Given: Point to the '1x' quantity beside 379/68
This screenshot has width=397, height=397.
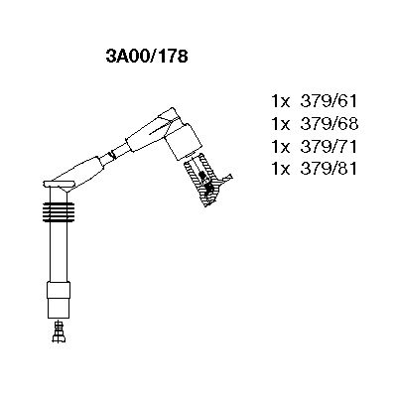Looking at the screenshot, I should [280, 125].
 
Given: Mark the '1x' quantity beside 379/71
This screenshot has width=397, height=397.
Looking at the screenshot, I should [280, 147].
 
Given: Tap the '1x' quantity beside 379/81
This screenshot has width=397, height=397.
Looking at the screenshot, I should [280, 169].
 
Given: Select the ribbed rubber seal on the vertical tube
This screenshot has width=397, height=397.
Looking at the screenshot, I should [59, 213].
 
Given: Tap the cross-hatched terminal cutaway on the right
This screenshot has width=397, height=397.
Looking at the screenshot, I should [205, 181].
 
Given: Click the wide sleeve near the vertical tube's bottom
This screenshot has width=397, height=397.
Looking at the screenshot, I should [59, 295].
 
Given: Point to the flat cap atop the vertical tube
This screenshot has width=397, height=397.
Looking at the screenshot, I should [58, 186].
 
